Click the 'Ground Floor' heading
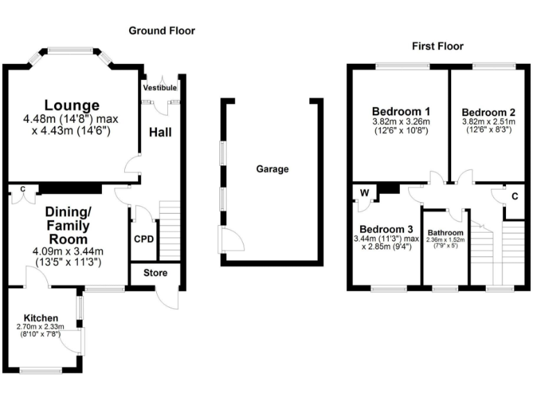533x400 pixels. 162,31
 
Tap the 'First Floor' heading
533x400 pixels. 437,47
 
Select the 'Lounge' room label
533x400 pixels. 72,106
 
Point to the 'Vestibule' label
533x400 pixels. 160,89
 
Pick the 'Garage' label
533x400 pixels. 272,169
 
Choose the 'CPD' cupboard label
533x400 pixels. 144,239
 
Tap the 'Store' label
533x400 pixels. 155,273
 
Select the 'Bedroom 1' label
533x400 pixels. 401,111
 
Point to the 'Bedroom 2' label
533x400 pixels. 489,112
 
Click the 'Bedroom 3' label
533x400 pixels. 387,229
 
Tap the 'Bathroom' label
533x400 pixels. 445,233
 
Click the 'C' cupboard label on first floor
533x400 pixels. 514,197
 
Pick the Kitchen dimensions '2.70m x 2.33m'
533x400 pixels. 41,326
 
